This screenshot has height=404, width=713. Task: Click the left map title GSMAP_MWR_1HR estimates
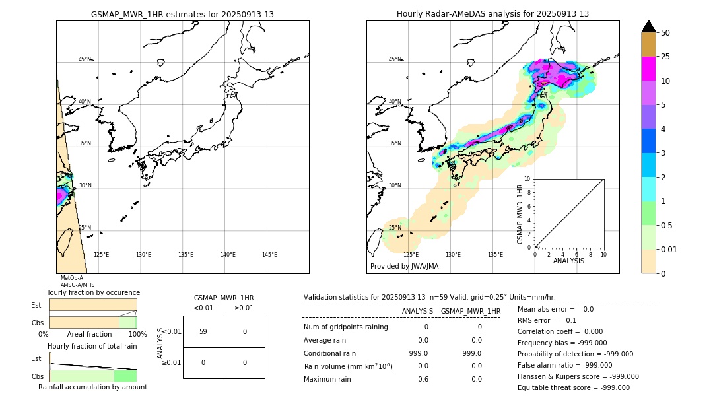pos(182,14)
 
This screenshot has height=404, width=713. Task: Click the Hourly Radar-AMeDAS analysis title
pos(492,14)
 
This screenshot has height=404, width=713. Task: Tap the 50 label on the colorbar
pos(665,33)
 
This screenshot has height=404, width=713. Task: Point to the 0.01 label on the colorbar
pos(669,249)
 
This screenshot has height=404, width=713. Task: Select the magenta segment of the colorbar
pos(648,69)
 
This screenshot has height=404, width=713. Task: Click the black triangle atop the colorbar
pos(648,26)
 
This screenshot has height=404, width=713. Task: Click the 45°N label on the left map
pos(85,59)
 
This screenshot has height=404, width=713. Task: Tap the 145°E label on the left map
pos(269,255)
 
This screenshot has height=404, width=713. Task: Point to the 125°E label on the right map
pos(411,255)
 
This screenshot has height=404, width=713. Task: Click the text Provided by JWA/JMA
pos(404,266)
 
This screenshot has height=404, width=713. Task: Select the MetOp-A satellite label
pos(71,278)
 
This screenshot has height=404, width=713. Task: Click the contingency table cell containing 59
pos(203,331)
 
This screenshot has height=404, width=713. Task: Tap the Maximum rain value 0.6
pos(423,379)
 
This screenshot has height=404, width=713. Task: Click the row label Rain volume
pos(348,366)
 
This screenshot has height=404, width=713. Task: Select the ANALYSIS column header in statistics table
pos(417,311)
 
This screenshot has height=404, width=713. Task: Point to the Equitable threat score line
pos(573,387)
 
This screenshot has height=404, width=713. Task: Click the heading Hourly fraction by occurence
pos(92,292)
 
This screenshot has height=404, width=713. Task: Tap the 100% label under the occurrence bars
pos(137,335)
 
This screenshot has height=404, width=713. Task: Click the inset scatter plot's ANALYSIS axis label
pos(568,261)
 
